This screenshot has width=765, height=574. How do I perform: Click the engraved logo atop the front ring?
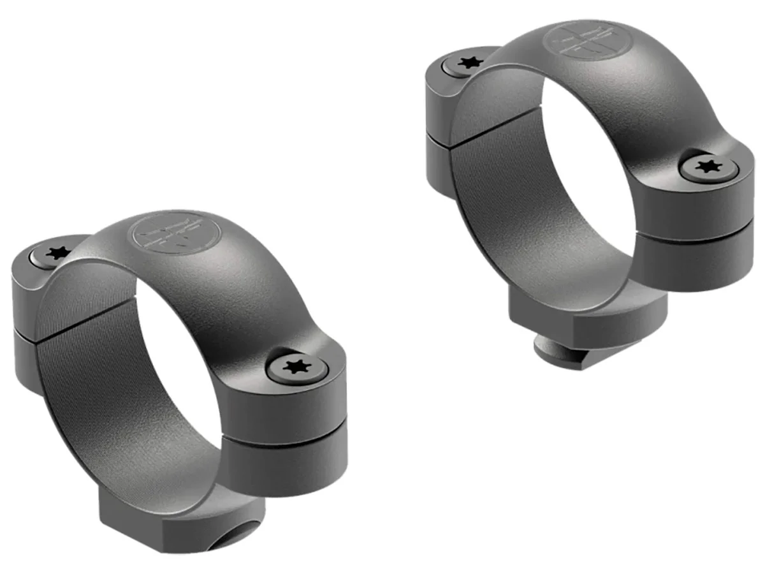[173, 232]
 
